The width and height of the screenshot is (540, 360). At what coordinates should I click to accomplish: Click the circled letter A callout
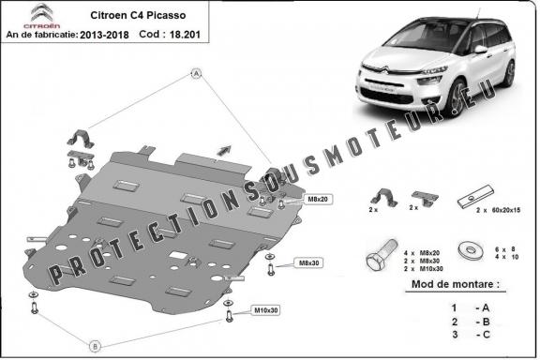coord(196,72)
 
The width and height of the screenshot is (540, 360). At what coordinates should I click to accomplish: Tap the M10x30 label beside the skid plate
coord(265,309)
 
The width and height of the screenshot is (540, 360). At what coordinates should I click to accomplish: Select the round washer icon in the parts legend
coord(467,250)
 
